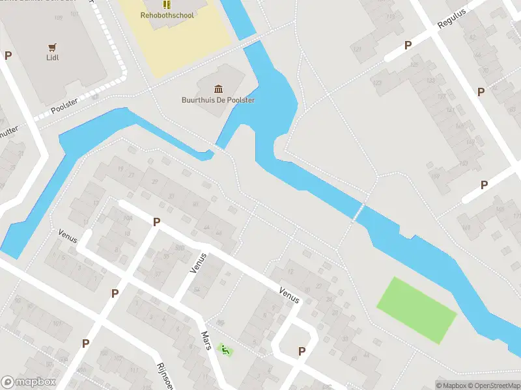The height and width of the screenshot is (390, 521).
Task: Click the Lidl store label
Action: pos(53,57)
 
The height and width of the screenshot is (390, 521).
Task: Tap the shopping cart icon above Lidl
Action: pos(53,47)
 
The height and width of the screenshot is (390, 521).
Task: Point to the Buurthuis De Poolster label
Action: pos(218,100)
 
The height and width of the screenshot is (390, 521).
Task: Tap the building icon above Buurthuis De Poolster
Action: pos(218,89)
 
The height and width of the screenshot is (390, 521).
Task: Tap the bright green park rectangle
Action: pos(417,309)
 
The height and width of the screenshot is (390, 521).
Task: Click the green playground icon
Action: pos(225,350)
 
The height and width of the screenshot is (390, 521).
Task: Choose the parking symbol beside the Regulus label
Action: pos(408,45)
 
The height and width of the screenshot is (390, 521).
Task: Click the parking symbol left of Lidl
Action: pos(8,56)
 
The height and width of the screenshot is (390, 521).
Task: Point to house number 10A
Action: pos(128,218)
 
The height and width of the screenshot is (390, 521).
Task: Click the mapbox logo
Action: pos(28,382)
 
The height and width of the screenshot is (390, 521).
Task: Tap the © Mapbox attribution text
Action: pos(451,385)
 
